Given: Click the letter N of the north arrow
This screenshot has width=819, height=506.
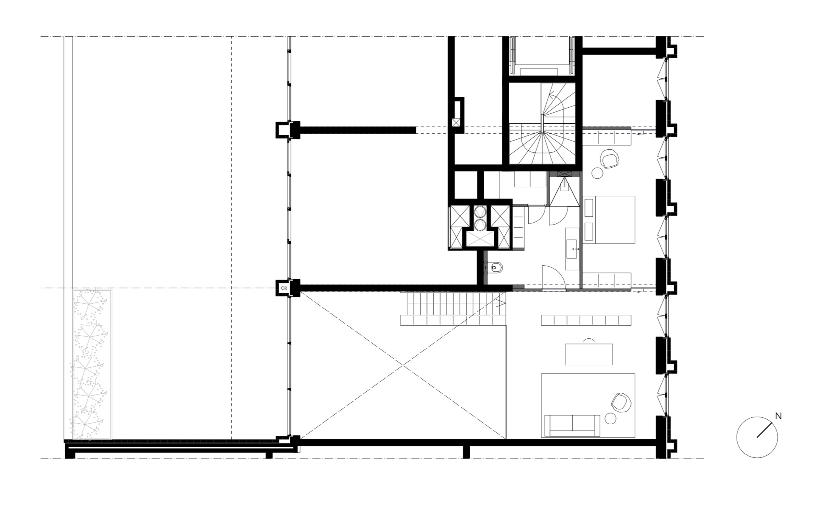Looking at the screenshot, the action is pyautogui.click(x=778, y=416).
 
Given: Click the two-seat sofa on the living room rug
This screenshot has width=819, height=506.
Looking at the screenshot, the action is pyautogui.click(x=572, y=425).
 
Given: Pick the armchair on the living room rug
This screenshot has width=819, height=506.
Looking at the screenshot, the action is pyautogui.click(x=620, y=402).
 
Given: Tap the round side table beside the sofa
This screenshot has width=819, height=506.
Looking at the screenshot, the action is pyautogui.click(x=610, y=418).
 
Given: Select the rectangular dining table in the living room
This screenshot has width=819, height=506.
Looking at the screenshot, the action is pyautogui.click(x=589, y=354).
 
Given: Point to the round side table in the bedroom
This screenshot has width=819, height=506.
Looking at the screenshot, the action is pyautogui.click(x=597, y=173).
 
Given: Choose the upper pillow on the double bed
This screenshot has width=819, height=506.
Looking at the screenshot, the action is pyautogui.click(x=589, y=208).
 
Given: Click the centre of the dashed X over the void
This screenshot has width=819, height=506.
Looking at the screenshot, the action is pyautogui.click(x=402, y=365).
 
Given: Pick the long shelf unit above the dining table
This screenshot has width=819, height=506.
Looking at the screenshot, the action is pyautogui.click(x=586, y=320).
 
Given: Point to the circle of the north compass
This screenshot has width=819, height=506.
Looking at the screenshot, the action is pyautogui.click(x=757, y=437).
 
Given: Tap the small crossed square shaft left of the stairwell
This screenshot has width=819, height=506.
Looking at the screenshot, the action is pyautogui.click(x=456, y=122).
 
